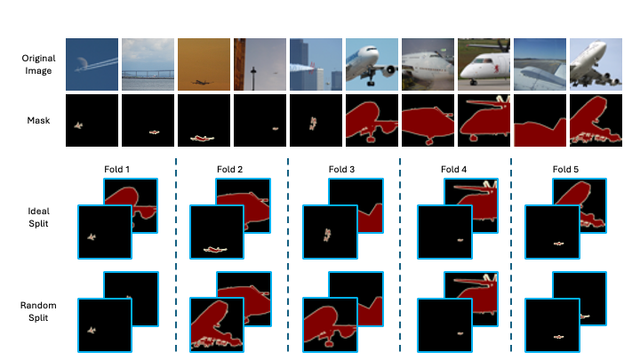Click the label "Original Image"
pos(38,65)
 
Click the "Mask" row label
pos(38,120)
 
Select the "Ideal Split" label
pos(38,217)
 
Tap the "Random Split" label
pos(38,311)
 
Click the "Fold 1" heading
pos(116,170)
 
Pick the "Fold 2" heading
pos(230,170)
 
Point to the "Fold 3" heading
pos(341,170)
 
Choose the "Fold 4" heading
pos(453,170)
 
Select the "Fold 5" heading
pos(565,170)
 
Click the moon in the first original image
pos(81,63)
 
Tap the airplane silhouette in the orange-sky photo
pos(202,83)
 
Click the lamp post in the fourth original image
pos(253,78)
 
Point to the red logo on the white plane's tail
pos(496,68)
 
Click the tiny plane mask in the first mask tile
pos(78,125)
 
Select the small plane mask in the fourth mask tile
pos(276,129)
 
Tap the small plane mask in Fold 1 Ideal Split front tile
pos(92,236)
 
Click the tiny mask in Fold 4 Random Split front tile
pos(460,333)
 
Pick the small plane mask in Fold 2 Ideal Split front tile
pos(215,250)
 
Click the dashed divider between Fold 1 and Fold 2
pos(176,255)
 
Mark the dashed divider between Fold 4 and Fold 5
pos(511,255)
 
